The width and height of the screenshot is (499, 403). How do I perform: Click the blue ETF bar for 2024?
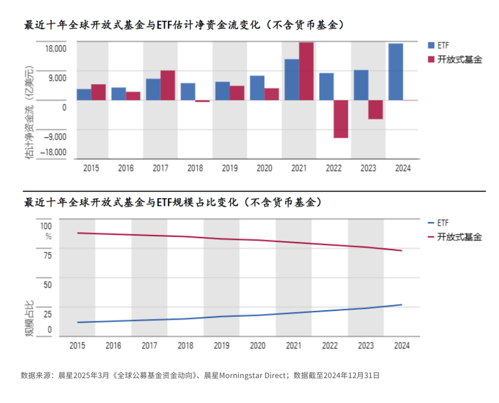click(x=396, y=72)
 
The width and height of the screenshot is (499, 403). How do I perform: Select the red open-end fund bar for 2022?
click(x=341, y=119)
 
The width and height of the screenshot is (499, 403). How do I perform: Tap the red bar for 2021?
click(x=306, y=71)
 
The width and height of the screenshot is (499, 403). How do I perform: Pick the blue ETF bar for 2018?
click(x=188, y=92)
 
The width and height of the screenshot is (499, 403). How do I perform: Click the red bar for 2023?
click(x=376, y=110)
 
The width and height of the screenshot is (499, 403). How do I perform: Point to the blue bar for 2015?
click(x=84, y=95)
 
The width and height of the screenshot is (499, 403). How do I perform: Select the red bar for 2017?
click(x=168, y=86)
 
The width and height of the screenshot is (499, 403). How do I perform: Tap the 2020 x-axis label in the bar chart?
click(x=264, y=168)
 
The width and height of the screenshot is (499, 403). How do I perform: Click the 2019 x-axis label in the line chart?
click(x=221, y=346)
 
